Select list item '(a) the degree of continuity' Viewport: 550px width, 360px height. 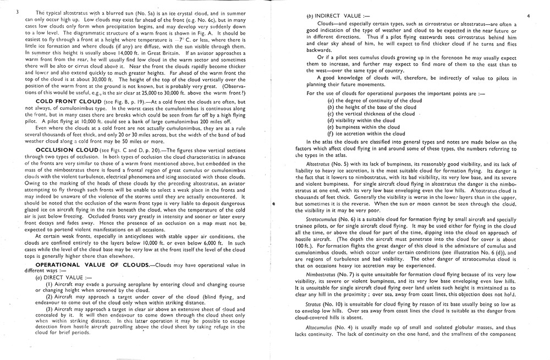[x=374, y=101]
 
